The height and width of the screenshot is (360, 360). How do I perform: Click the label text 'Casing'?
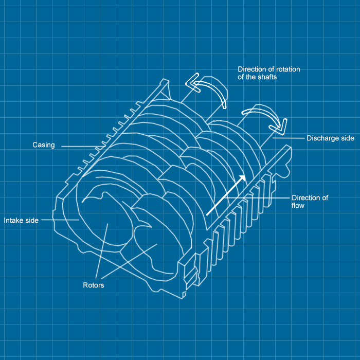pyautogui.click(x=44, y=145)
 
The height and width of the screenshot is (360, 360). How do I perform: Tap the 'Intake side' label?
pyautogui.click(x=21, y=221)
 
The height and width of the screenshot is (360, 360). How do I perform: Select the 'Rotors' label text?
pyautogui.click(x=94, y=285)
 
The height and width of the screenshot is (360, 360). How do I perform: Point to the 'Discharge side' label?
pyautogui.click(x=330, y=138)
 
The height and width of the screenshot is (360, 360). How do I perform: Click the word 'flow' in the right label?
pyautogui.click(x=298, y=206)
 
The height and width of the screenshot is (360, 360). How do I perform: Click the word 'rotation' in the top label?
pyautogui.click(x=288, y=69)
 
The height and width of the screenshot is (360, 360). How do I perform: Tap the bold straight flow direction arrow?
pyautogui.click(x=226, y=195)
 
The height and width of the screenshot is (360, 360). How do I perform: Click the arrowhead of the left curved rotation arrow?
pyautogui.click(x=193, y=83)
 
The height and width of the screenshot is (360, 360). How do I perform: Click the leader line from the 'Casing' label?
pyautogui.click(x=82, y=146)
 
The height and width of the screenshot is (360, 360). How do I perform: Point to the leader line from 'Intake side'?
pyautogui.click(x=60, y=220)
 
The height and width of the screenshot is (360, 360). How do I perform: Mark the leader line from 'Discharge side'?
pyautogui.click(x=289, y=138)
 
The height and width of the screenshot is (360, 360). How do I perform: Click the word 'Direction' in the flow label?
pyautogui.click(x=303, y=198)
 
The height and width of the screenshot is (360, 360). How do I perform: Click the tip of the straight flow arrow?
pyautogui.click(x=245, y=175)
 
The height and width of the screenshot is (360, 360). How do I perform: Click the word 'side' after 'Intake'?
pyautogui.click(x=32, y=221)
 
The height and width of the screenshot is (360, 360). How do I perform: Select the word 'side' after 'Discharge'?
pyautogui.click(x=348, y=138)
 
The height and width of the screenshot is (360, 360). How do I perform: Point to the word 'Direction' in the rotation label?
pyautogui.click(x=252, y=69)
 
